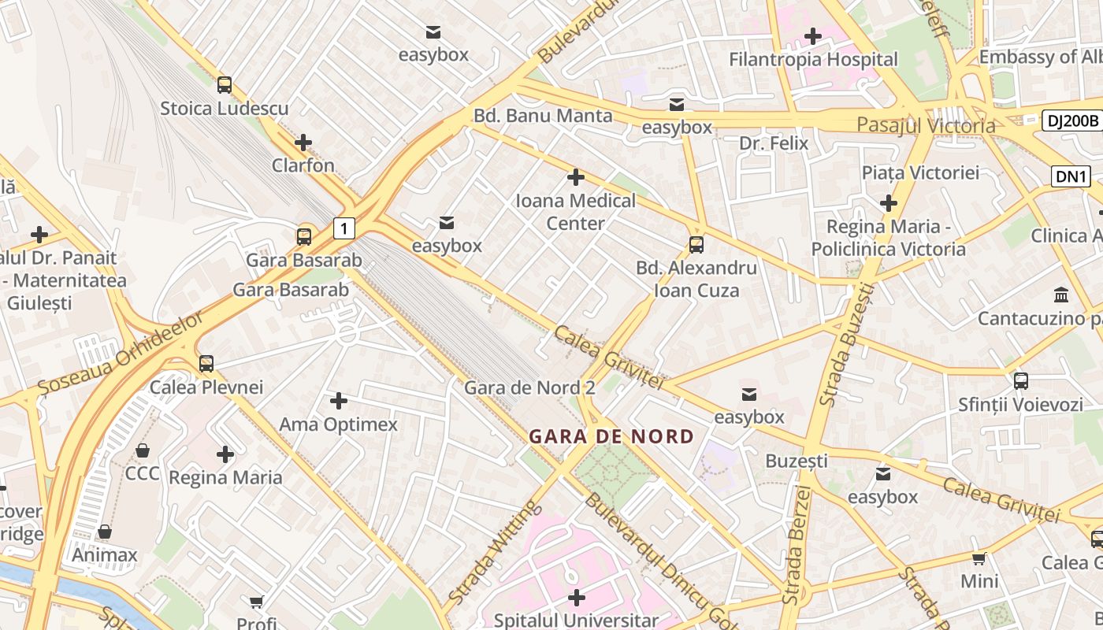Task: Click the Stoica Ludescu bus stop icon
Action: pos(225,85)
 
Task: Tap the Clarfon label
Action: pos(303,165)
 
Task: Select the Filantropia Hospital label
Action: pos(813,59)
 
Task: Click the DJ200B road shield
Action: pos(1071,120)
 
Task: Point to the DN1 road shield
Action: pos(1071,176)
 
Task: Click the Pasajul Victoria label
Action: pos(926,125)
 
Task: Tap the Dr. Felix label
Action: pos(774,143)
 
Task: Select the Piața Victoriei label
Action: pos(919,172)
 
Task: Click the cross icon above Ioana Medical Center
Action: pos(576,177)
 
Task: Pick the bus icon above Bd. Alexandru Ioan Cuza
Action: pos(696,245)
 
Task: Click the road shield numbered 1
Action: pos(344,228)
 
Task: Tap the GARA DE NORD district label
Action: pos(611,436)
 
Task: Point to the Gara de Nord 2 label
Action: pos(529,387)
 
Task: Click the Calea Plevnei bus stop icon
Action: pos(206,364)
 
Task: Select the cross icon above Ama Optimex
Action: pos(339,402)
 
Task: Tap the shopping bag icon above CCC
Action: pos(143,450)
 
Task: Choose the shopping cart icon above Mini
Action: pos(979,558)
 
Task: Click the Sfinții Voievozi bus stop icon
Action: pos(1021,381)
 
